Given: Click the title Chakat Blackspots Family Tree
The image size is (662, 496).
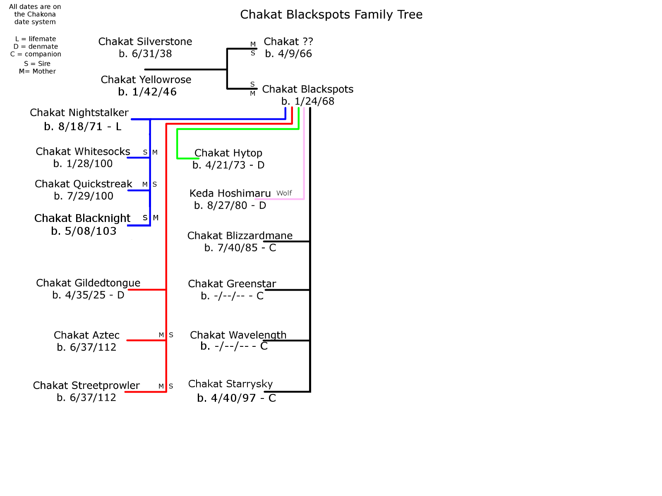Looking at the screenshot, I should pos(331,14).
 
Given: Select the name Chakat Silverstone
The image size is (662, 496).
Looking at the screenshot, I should pos(145,42).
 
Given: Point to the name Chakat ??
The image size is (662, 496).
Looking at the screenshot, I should pos(288,42).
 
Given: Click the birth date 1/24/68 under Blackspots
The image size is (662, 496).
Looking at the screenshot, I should pos(308,101).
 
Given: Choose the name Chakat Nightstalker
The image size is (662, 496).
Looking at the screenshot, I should pos(79,113).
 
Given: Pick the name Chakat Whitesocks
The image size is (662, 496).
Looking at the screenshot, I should pos(83,152).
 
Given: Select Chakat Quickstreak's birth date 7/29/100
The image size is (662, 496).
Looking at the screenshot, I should pos(84,196).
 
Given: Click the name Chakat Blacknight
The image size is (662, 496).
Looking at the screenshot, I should pos(82,218).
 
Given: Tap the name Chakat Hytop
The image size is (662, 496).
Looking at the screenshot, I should pos(228,153).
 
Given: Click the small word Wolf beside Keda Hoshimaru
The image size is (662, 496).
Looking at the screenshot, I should pos(284,193).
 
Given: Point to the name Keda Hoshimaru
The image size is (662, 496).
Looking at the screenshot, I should pos(230,193).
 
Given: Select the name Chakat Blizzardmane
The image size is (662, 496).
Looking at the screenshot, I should pos(240,236).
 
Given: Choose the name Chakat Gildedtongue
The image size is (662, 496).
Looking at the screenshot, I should pos(88,283).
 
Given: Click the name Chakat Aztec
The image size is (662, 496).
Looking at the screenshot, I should pos(86,335).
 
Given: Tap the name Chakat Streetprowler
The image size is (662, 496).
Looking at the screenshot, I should pos(86,386).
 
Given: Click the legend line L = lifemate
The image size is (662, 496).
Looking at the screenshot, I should pos(36,39).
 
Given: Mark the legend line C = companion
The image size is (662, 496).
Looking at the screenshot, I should pos(36,54).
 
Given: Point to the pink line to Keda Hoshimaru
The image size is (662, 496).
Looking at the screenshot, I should pos(304,157).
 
